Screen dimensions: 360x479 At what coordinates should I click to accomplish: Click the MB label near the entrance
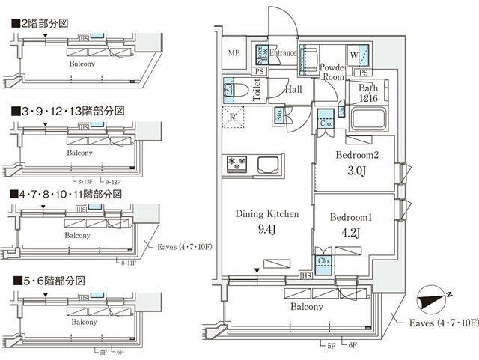point(234,53)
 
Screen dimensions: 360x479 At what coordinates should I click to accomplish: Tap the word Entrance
point(283,53)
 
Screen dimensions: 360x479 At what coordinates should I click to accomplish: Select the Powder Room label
point(332,71)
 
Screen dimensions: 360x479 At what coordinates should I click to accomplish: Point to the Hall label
point(293,88)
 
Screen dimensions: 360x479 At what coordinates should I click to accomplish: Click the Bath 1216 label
point(367,93)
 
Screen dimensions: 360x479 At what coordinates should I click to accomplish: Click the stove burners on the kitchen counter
point(237,162)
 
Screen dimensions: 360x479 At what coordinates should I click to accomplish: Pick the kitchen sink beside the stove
point(268,163)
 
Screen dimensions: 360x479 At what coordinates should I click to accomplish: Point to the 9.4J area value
point(267,228)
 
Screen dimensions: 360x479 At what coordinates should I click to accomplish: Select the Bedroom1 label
point(352,216)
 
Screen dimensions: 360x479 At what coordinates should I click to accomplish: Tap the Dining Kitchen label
point(267,214)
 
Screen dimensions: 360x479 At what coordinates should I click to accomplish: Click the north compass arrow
point(433,299)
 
